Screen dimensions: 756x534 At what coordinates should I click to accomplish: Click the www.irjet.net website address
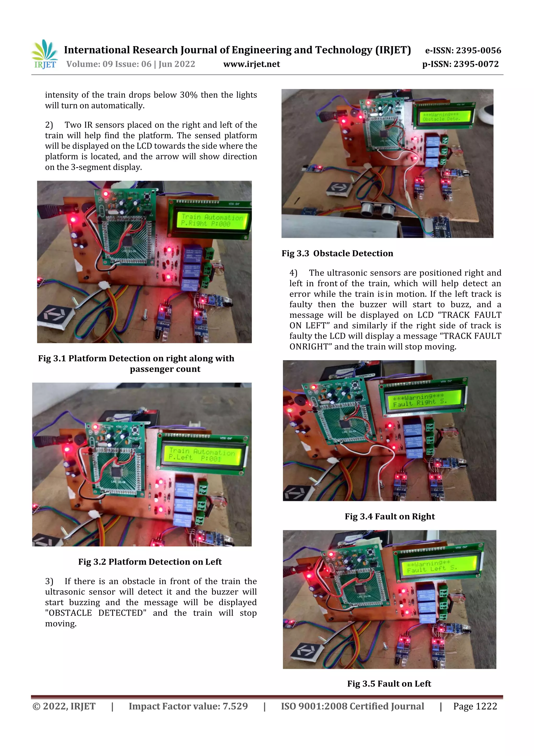pyautogui.click(x=251, y=64)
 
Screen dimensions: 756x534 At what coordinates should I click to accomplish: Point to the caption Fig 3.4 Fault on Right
pyautogui.click(x=390, y=516)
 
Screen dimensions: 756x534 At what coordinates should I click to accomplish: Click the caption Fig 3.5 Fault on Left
pyautogui.click(x=389, y=683)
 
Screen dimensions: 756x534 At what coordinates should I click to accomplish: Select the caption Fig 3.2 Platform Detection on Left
pyautogui.click(x=150, y=562)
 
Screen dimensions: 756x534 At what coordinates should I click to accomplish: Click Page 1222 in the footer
pyautogui.click(x=475, y=706)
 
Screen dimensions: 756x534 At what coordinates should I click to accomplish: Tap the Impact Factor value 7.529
pyautogui.click(x=235, y=706)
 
